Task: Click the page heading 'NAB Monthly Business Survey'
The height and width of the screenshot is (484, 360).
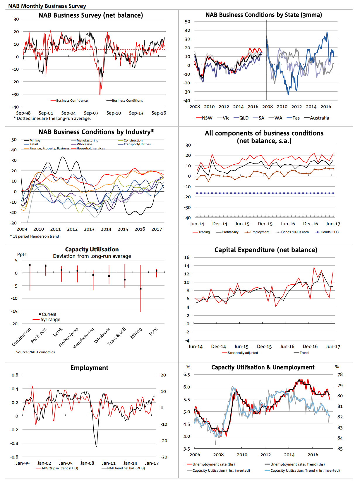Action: click(47, 6)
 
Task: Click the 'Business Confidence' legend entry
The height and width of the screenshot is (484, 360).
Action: click(72, 100)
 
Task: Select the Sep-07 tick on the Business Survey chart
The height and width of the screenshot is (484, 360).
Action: click(91, 113)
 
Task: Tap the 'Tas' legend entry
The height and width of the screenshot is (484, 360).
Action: click(296, 118)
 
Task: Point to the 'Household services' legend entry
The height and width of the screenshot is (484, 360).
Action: click(90, 149)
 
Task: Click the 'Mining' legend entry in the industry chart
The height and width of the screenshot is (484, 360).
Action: click(35, 141)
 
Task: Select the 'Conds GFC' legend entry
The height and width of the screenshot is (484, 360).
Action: click(329, 232)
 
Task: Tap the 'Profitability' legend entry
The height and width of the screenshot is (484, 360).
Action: click(230, 232)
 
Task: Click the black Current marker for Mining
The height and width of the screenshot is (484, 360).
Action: click(141, 289)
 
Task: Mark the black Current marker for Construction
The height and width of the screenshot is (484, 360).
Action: click(30, 265)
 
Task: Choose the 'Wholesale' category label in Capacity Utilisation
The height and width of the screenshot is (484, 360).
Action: click(102, 335)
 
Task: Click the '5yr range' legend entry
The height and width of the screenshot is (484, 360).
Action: click(50, 320)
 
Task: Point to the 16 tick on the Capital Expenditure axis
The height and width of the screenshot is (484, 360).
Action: click(187, 258)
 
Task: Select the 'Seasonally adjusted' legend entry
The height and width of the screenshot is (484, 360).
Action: click(243, 353)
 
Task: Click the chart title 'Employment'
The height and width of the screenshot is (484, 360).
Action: click(89, 368)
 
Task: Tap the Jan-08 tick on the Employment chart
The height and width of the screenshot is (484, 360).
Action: click(87, 463)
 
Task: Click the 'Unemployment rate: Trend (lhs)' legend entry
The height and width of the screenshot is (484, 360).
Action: click(297, 464)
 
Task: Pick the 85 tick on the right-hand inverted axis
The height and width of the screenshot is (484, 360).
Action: click(340, 449)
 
